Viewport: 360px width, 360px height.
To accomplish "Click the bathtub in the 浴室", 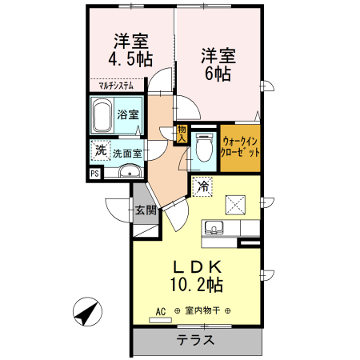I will (102, 117).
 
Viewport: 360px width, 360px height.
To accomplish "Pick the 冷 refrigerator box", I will (202, 186).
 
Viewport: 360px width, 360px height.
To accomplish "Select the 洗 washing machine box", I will (100, 150).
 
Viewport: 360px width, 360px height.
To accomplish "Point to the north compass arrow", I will (86, 312).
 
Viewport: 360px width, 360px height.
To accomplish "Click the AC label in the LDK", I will (160, 310).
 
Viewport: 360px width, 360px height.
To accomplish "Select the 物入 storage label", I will (182, 133).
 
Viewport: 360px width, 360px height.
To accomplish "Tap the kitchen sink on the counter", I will (214, 229).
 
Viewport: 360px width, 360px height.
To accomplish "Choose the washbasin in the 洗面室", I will (128, 171).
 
